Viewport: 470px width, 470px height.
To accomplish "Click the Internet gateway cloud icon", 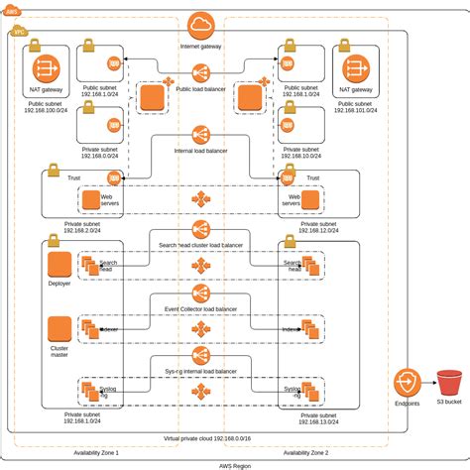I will [200, 24].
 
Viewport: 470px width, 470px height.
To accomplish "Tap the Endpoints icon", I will [408, 384].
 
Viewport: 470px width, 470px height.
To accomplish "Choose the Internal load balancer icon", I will [200, 134].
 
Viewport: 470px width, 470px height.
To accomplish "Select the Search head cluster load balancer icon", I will [200, 228].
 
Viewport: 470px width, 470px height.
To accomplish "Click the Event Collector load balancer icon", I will [200, 294].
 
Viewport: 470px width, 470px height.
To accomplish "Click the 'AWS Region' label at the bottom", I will [234, 463].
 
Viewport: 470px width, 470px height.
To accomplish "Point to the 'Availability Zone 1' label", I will [96, 451].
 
